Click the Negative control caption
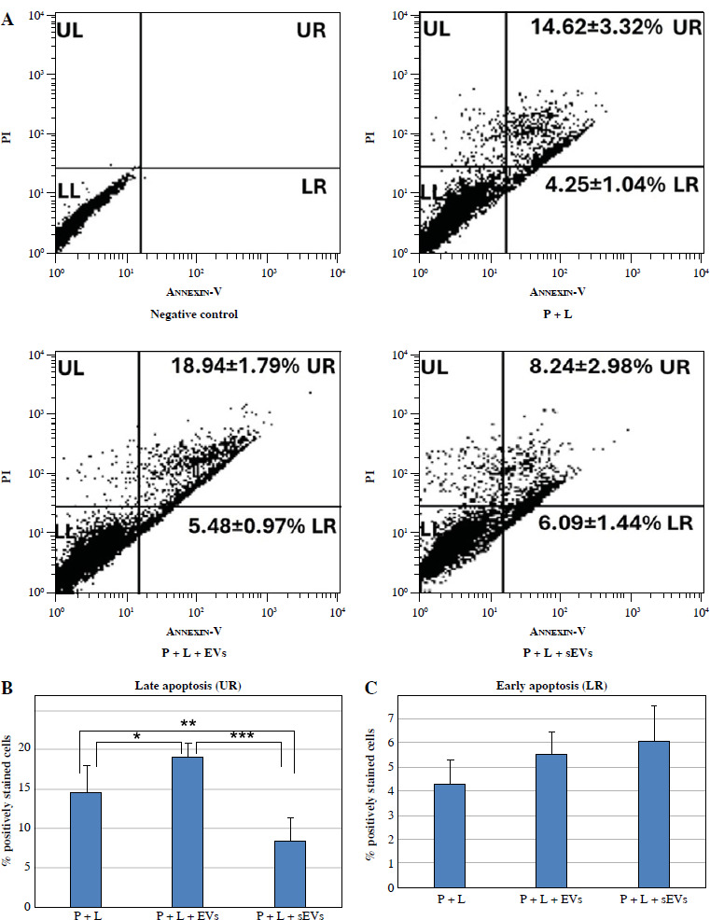point(194,314)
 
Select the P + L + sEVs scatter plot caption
point(558,652)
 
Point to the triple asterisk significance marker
point(241,736)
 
